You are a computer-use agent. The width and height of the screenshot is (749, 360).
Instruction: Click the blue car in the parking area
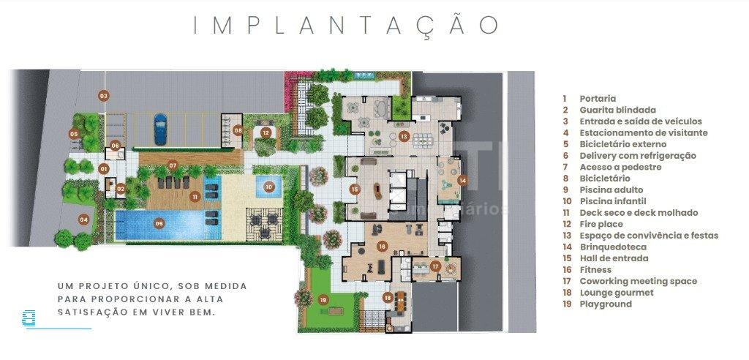point(160,129)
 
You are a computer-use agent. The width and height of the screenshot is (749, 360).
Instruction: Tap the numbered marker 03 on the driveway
point(104,96)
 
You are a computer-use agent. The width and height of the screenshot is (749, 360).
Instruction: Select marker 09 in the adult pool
point(159,223)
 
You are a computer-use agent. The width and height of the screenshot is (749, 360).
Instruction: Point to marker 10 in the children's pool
point(269,187)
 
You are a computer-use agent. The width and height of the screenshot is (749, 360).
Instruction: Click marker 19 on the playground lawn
point(323,300)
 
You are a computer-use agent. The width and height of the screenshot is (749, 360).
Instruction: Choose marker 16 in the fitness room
point(381,246)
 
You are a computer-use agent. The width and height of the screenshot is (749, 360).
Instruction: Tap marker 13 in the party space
point(404,136)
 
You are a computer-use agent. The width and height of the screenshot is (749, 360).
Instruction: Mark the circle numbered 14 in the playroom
point(462,180)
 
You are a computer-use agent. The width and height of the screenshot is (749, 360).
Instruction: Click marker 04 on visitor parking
point(84,220)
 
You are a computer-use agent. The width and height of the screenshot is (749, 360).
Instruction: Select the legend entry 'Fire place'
point(601,224)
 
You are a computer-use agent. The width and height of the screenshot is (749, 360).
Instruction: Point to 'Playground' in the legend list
point(606,304)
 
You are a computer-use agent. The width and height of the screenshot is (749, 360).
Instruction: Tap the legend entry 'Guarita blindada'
point(611,110)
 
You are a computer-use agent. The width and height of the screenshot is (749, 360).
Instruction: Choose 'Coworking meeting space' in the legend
point(638,281)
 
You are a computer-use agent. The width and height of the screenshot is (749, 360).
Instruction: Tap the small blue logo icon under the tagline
point(29,318)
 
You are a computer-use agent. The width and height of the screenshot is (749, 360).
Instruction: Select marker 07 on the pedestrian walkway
point(173,165)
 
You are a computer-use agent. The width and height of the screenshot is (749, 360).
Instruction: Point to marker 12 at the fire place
point(266,132)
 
